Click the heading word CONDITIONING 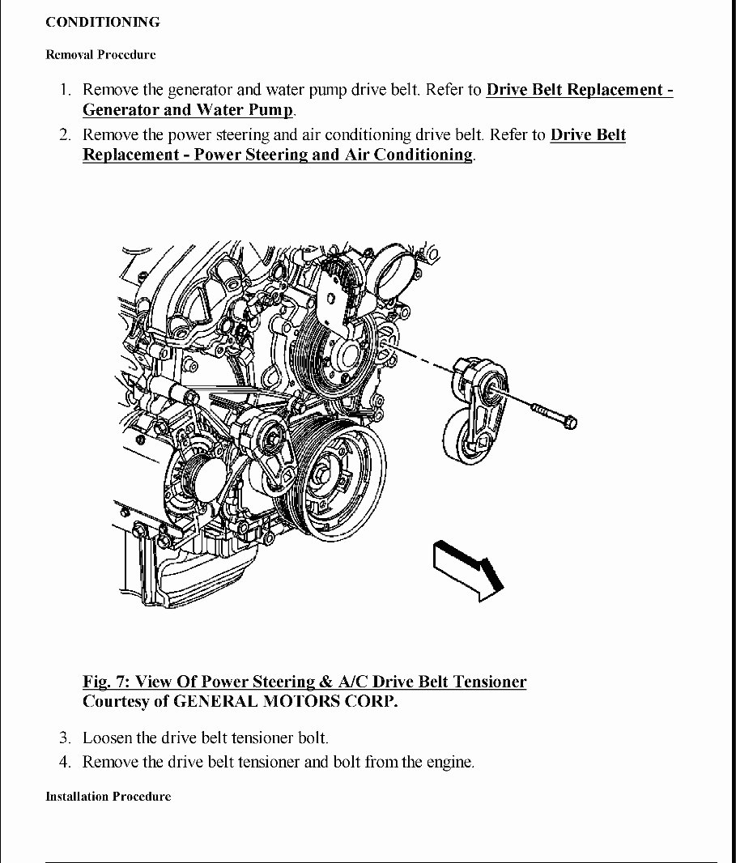point(102,23)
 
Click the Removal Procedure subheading point(100,55)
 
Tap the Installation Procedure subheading point(108,797)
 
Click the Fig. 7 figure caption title point(304,682)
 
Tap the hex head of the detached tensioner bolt point(570,421)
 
